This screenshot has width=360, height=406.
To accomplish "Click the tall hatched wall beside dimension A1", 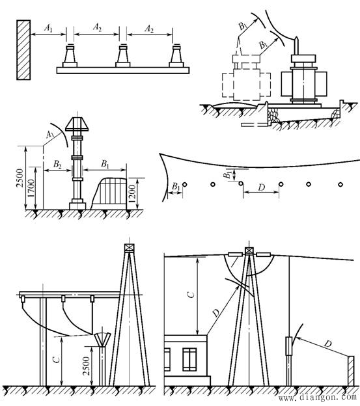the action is [x=23, y=50].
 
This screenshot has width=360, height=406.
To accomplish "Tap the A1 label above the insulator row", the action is [x=48, y=28].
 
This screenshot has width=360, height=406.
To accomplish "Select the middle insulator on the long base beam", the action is [x=123, y=56].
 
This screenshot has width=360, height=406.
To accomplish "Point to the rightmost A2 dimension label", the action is [x=149, y=28].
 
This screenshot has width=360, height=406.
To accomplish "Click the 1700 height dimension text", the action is [x=31, y=188].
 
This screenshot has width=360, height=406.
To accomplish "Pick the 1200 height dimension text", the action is [x=132, y=194].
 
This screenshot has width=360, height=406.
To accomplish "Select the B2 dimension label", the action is [x=57, y=164].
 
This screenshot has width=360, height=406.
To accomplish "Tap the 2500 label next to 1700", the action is [x=20, y=178].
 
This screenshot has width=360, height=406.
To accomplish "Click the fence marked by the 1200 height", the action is [x=109, y=193].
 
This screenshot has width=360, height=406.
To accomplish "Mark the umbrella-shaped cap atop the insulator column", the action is [x=77, y=124].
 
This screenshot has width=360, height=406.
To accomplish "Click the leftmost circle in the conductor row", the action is [x=185, y=185].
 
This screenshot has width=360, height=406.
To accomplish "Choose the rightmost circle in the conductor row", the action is [x=340, y=184].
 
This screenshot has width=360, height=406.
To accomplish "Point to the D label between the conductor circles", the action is [x=262, y=187].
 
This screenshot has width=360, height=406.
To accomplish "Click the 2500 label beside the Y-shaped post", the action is [x=86, y=366].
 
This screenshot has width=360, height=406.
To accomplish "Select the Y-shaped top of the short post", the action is [x=102, y=340].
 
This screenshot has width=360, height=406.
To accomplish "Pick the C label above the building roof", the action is [x=191, y=295].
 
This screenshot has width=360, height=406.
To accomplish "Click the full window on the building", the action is [x=189, y=359].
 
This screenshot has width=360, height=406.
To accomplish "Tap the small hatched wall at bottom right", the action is [x=351, y=371].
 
